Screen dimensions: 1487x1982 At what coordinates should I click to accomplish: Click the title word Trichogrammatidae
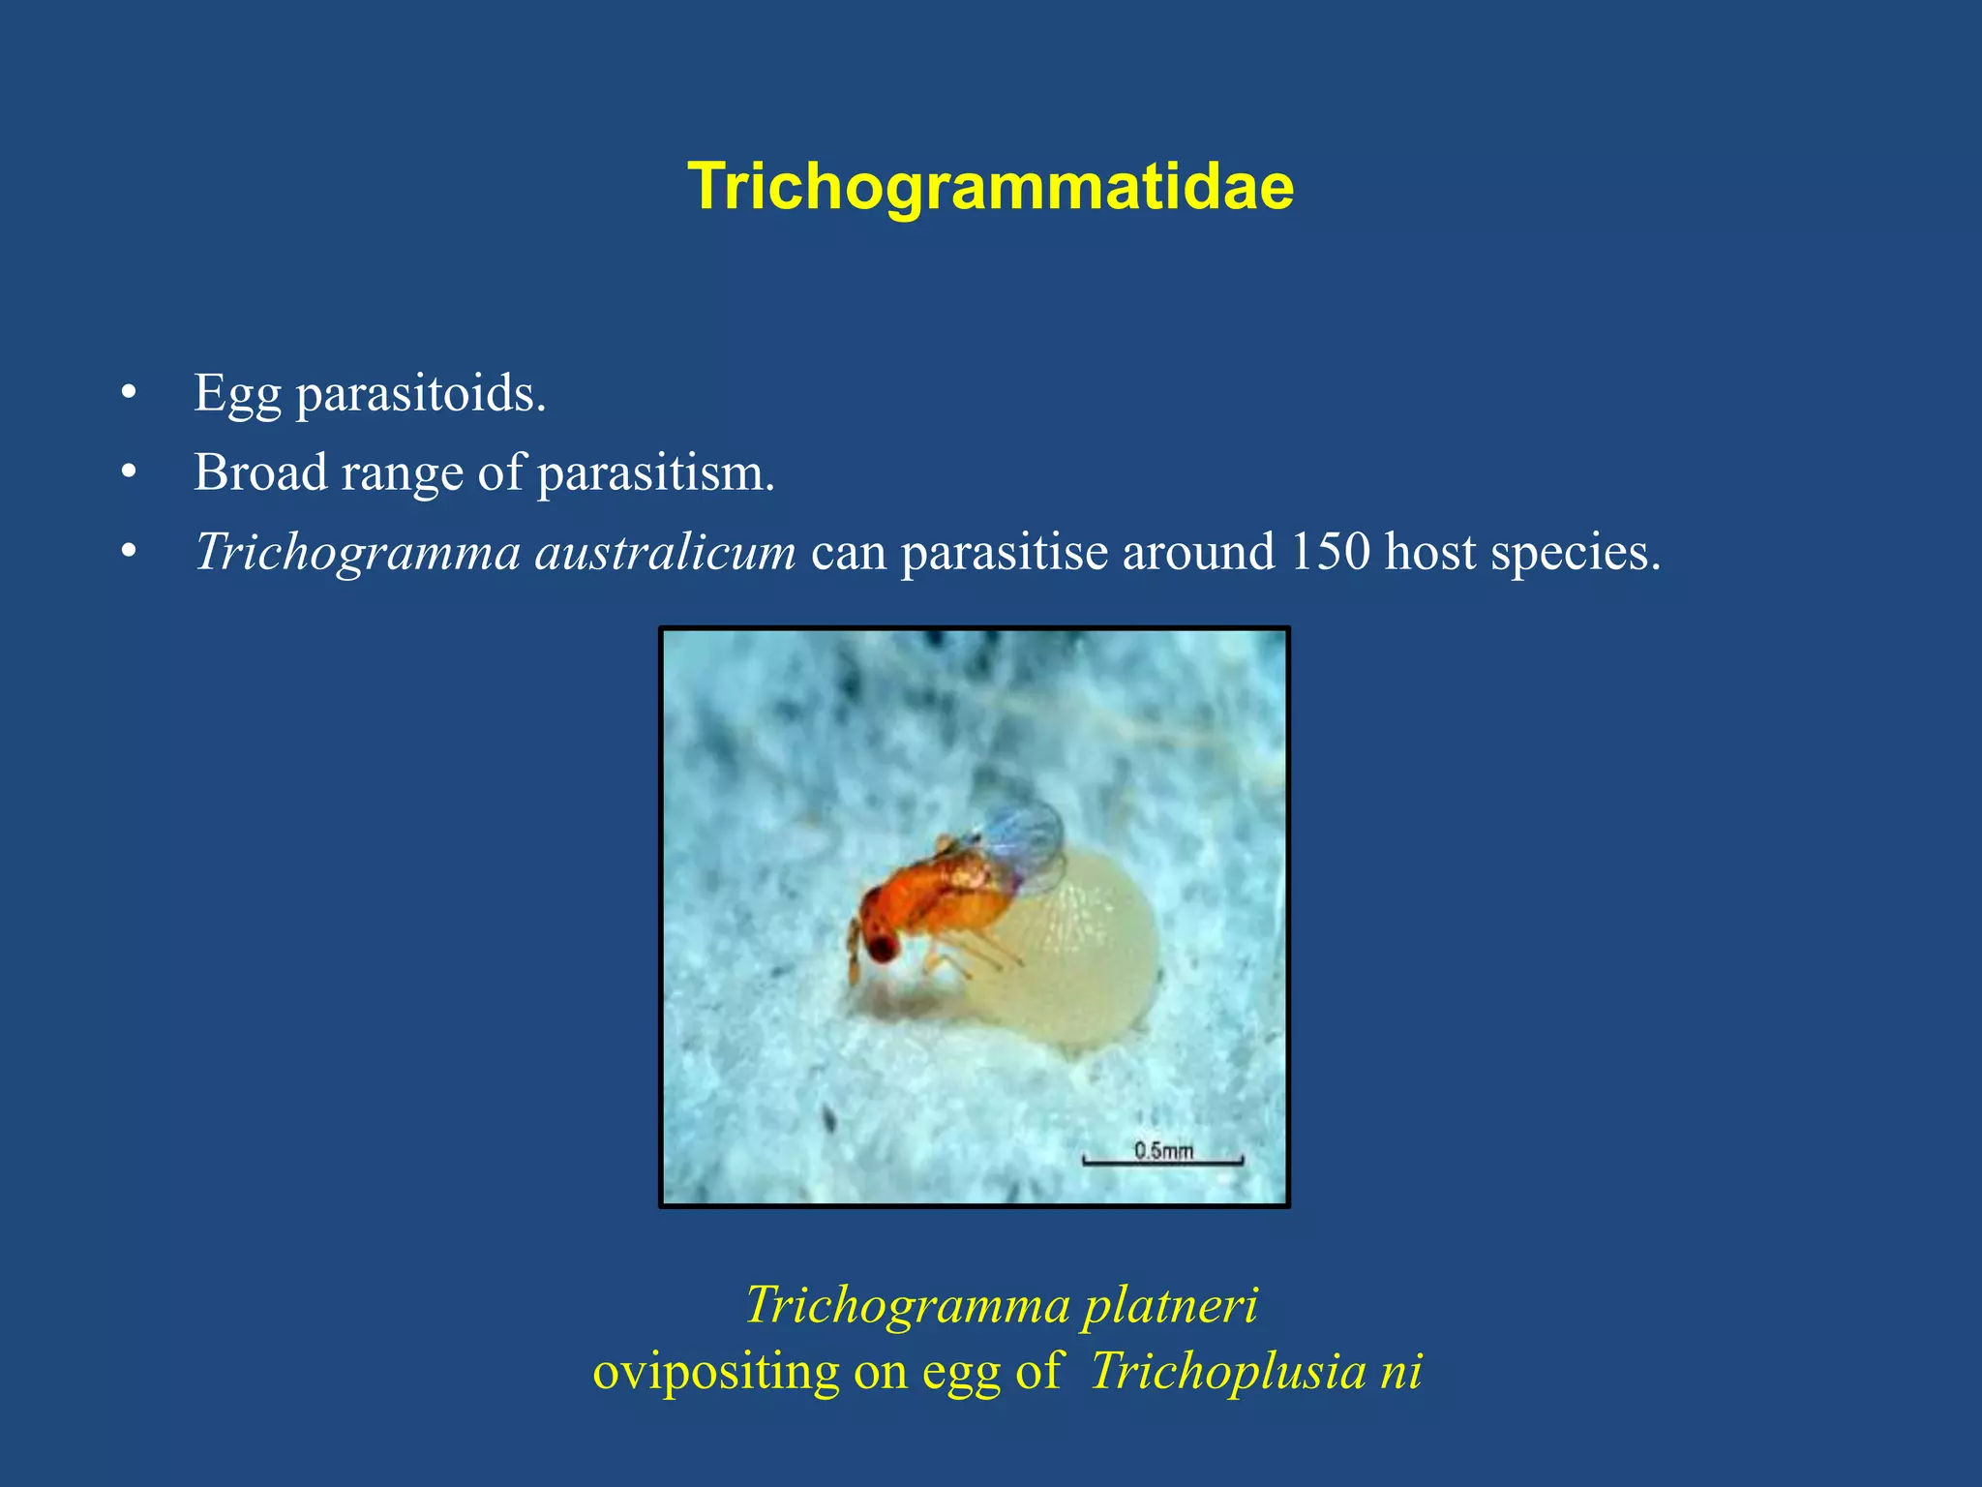pyautogui.click(x=990, y=186)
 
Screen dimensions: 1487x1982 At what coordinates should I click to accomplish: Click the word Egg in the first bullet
pyautogui.click(x=237, y=395)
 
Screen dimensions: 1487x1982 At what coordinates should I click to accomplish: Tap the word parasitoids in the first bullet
pyautogui.click(x=420, y=395)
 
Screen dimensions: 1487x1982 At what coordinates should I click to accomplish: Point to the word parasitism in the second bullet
pyautogui.click(x=655, y=473)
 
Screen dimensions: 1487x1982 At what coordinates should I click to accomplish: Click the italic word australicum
pyautogui.click(x=665, y=553)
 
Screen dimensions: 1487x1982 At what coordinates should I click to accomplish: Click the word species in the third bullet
pyautogui.click(x=1574, y=554)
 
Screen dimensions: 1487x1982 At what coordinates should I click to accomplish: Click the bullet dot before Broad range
pyautogui.click(x=129, y=473)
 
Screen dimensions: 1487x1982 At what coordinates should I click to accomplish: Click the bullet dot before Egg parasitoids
pyautogui.click(x=129, y=395)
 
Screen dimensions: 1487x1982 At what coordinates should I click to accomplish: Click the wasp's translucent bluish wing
pyautogui.click(x=1026, y=838)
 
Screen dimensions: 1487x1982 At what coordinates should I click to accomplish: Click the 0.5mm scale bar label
pyautogui.click(x=1163, y=1150)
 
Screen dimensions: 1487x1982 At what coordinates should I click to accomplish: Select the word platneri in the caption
pyautogui.click(x=1170, y=1305)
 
